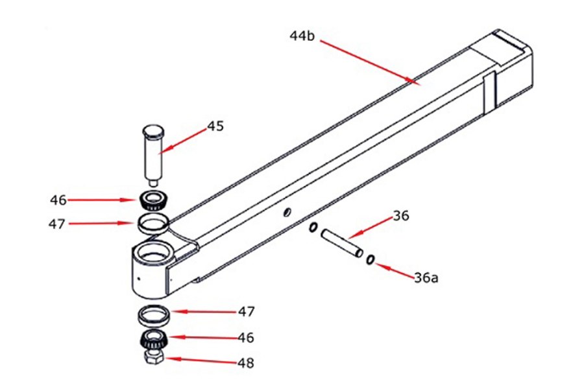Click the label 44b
click(x=302, y=36)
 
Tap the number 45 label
click(x=215, y=126)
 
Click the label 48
click(x=246, y=363)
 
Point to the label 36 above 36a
click(x=400, y=216)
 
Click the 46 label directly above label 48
click(x=246, y=338)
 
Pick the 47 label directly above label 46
click(x=246, y=312)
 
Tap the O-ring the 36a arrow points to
click(x=370, y=260)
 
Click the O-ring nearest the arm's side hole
click(x=313, y=228)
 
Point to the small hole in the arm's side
click(x=286, y=212)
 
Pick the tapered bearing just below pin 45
click(x=153, y=199)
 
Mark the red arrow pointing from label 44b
click(x=367, y=62)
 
